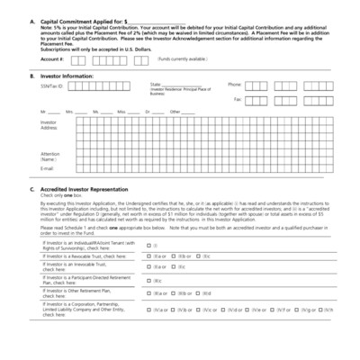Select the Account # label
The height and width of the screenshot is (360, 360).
point(52,58)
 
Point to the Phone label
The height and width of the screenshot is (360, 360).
point(235,84)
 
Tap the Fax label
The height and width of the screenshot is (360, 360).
point(238,99)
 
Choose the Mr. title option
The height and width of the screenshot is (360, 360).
point(43,112)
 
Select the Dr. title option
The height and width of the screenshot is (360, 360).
point(148,112)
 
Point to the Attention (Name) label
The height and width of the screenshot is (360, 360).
point(50,157)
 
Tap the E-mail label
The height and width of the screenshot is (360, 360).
point(47,168)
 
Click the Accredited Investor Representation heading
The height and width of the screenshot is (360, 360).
point(91,190)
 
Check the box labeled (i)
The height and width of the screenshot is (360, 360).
point(148,245)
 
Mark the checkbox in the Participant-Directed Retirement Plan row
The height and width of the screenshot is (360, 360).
point(148,281)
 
